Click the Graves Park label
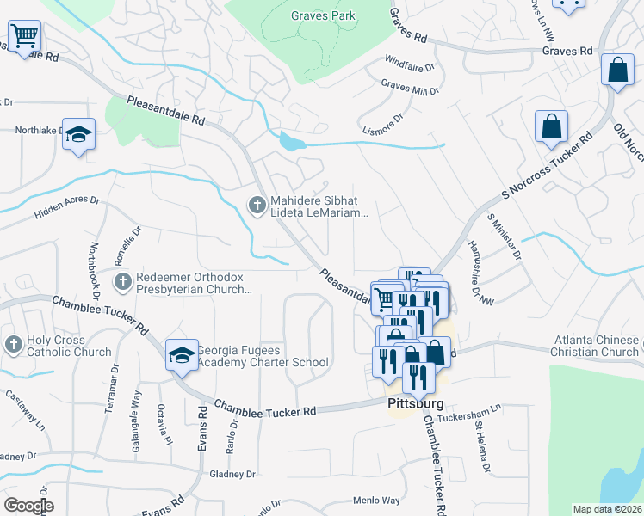324,15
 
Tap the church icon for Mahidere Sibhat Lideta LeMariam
256,204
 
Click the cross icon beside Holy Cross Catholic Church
13,344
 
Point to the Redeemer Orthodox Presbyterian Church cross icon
123,281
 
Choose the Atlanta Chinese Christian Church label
595,345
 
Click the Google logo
28,505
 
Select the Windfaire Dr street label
410,64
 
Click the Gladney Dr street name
232,474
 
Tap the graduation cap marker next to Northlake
78,134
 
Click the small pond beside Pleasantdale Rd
291,142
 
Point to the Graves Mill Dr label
410,88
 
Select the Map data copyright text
606,509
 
